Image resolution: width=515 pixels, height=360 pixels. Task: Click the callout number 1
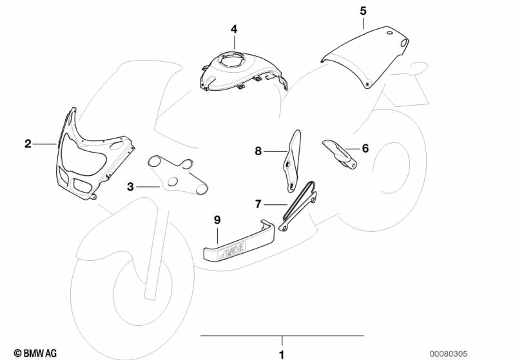click(282, 354)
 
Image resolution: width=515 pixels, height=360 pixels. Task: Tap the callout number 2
click(28, 144)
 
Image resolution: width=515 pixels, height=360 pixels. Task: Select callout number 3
click(130, 187)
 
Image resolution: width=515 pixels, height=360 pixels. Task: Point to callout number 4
click(234, 29)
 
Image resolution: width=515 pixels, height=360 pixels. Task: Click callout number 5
click(363, 11)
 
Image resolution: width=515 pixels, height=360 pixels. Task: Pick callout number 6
click(365, 148)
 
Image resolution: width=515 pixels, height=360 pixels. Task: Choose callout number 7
click(258, 204)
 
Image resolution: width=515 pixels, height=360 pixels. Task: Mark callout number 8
click(258, 151)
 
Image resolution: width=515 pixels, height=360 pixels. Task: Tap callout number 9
click(217, 220)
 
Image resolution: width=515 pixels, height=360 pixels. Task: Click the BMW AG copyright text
click(35, 353)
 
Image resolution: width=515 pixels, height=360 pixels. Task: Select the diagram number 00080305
click(449, 354)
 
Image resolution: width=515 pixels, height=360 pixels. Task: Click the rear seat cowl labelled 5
click(365, 56)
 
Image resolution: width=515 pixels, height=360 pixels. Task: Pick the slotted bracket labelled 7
click(296, 207)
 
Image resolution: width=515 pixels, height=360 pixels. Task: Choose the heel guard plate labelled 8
click(292, 161)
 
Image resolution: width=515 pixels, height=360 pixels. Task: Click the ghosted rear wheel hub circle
click(391, 168)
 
